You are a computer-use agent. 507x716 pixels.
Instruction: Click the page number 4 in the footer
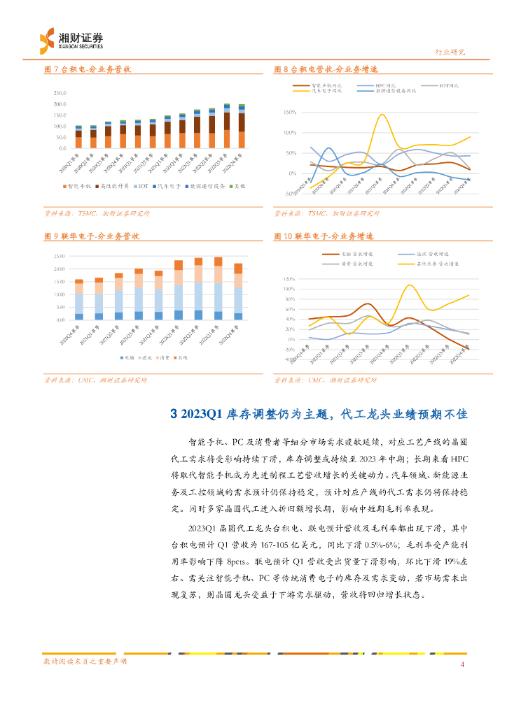click(x=462, y=664)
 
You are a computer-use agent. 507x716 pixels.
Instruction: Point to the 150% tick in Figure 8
click(x=289, y=113)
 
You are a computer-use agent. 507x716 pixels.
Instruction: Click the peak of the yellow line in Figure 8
click(x=381, y=115)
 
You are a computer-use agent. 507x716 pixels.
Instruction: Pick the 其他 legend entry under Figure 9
click(x=182, y=357)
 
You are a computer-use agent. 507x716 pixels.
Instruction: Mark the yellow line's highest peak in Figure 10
click(x=410, y=285)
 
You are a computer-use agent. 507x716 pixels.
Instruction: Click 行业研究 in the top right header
click(x=450, y=52)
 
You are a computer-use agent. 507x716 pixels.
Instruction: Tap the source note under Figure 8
click(x=326, y=213)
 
